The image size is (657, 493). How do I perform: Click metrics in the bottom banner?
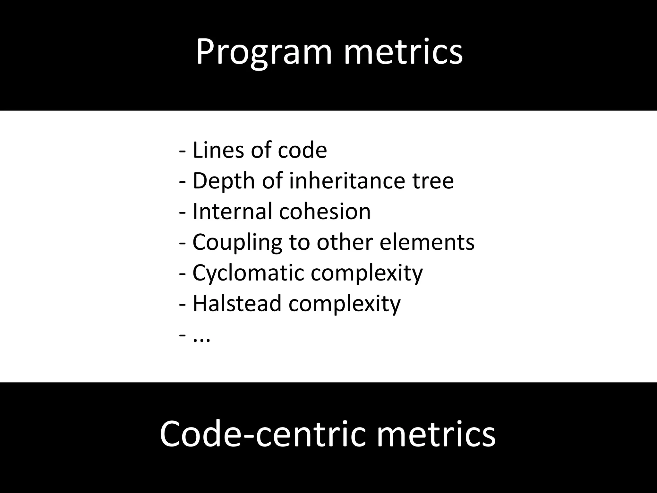click(x=436, y=434)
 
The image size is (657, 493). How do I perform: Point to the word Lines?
click(x=218, y=150)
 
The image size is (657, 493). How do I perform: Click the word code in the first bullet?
click(x=302, y=150)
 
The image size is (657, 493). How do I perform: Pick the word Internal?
click(x=232, y=211)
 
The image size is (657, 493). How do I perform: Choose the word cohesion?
click(x=325, y=211)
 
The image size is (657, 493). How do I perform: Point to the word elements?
click(x=427, y=242)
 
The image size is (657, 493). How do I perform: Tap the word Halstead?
click(x=237, y=303)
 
